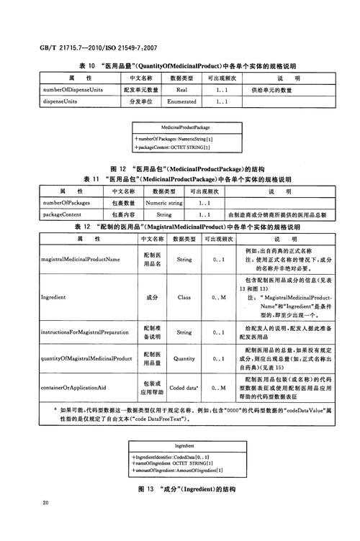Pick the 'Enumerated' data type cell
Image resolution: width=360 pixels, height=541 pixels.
pos(181,101)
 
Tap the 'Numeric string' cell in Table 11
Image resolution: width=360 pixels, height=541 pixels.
pos(164,204)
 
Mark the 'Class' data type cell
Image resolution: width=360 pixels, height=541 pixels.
pos(184,296)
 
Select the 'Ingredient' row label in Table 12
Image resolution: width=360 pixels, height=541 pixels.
pos(54,296)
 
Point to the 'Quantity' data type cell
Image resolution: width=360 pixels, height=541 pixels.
pos(184,358)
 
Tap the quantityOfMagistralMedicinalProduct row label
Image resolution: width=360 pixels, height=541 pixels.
pos(85,358)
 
